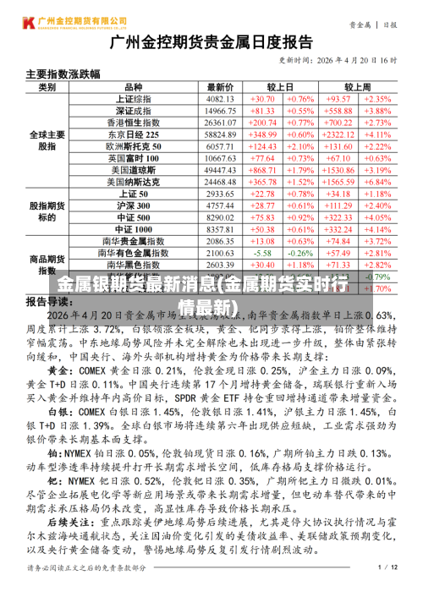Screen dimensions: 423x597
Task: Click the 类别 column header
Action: click(x=47, y=87)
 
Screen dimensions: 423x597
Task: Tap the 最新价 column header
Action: click(x=220, y=87)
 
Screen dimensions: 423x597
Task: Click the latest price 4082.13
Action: click(x=220, y=99)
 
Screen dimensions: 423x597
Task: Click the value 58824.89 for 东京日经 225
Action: click(x=220, y=134)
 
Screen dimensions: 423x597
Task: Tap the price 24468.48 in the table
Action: click(x=220, y=182)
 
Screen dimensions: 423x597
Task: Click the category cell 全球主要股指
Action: click(x=47, y=140)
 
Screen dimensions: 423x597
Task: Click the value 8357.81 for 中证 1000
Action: click(x=220, y=229)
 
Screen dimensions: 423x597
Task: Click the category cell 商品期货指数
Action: click(x=47, y=265)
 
